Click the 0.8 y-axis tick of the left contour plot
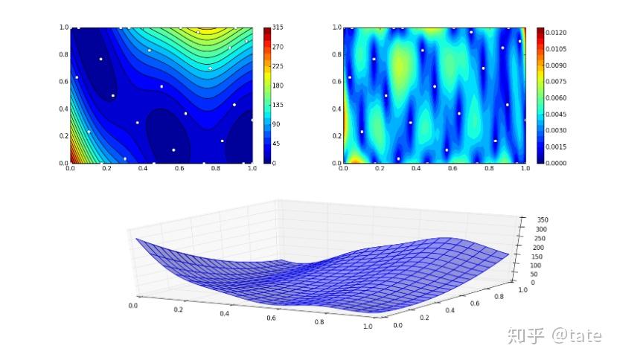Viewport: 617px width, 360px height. (x=63, y=54)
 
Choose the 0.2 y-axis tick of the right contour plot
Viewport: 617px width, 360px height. (x=336, y=136)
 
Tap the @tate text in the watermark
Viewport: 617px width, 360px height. (x=576, y=335)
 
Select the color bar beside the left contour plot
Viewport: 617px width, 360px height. (x=267, y=95)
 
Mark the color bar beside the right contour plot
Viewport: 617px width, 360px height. (x=541, y=95)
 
